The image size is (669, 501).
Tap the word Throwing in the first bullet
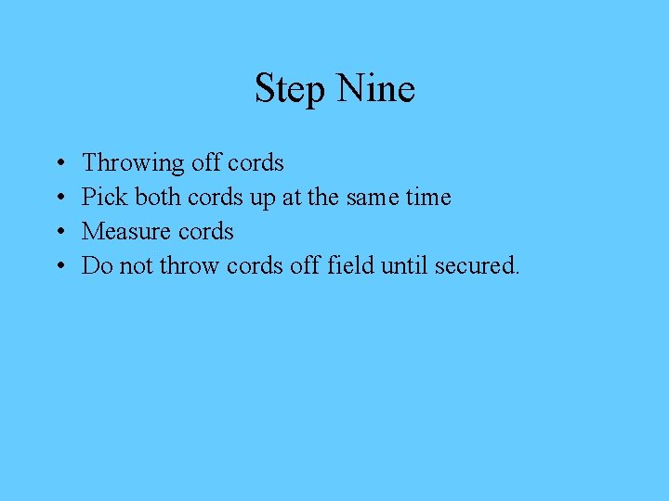tap(133, 164)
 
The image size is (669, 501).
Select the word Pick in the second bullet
tap(104, 197)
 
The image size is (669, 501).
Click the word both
tap(158, 197)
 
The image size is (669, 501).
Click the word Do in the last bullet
tap(98, 265)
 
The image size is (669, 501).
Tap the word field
tap(349, 265)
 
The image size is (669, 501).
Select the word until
tap(401, 265)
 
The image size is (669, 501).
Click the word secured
tap(476, 265)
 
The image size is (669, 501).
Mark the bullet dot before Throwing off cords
tap(59, 164)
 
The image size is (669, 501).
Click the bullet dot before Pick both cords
tap(59, 199)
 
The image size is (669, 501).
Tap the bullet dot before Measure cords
tap(59, 233)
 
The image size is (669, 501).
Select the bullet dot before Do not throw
tap(59, 267)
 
